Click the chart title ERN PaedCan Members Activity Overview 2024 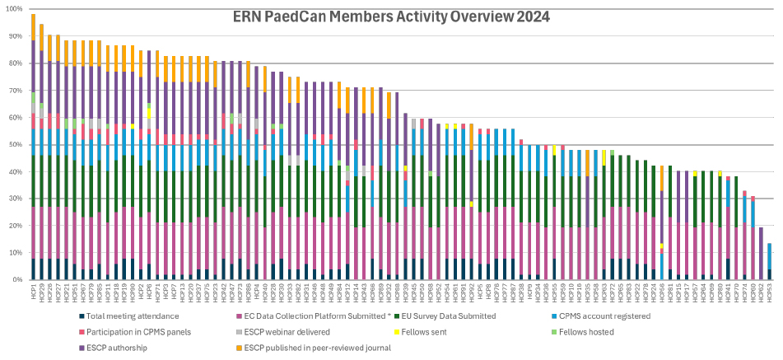point(391,16)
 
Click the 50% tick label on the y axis point(15,144)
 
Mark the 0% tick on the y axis point(17,279)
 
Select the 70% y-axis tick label point(15,91)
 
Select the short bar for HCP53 point(769,261)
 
